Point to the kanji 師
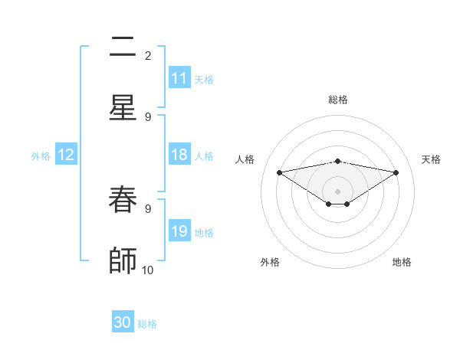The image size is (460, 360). [x=123, y=260]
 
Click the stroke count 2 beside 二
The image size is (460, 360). [x=148, y=55]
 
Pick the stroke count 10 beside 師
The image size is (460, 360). [x=148, y=270]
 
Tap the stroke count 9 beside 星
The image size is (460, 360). [x=148, y=116]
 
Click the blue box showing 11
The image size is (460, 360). [x=179, y=78]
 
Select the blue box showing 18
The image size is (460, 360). [x=179, y=155]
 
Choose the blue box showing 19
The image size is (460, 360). [x=179, y=231]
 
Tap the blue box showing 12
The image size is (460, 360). [x=66, y=155]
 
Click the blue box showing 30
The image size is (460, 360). [x=123, y=322]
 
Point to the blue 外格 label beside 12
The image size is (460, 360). [x=41, y=155]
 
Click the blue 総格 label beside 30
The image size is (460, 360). [x=148, y=324]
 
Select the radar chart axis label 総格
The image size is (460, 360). [x=338, y=100]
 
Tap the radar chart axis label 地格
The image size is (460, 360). [x=402, y=262]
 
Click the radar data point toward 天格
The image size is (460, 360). [x=396, y=172]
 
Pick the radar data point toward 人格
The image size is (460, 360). [x=279, y=172]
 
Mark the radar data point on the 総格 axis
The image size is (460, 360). [x=338, y=161]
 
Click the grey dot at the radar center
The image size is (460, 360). [x=338, y=191]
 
